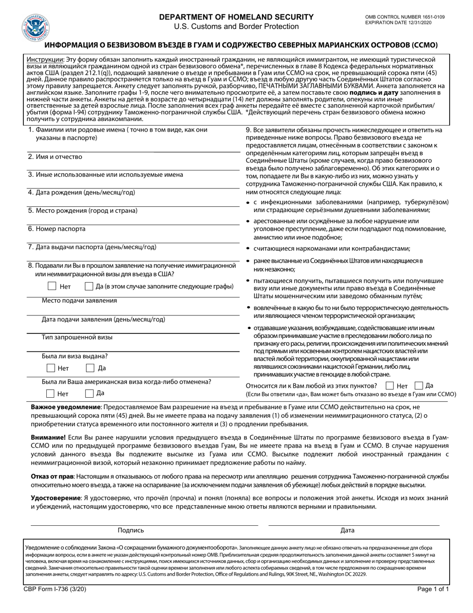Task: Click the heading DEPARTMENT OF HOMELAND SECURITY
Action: [236, 17]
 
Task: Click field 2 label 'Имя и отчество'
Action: [55, 157]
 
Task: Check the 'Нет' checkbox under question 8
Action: [52, 286]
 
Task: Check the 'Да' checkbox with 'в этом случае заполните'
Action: [89, 286]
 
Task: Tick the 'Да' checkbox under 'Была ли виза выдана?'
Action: [91, 368]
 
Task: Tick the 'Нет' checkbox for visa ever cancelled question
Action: [50, 393]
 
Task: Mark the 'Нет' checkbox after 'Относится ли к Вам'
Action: [390, 385]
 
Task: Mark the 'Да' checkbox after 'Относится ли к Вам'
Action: [419, 385]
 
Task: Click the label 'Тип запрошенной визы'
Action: [77, 337]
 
